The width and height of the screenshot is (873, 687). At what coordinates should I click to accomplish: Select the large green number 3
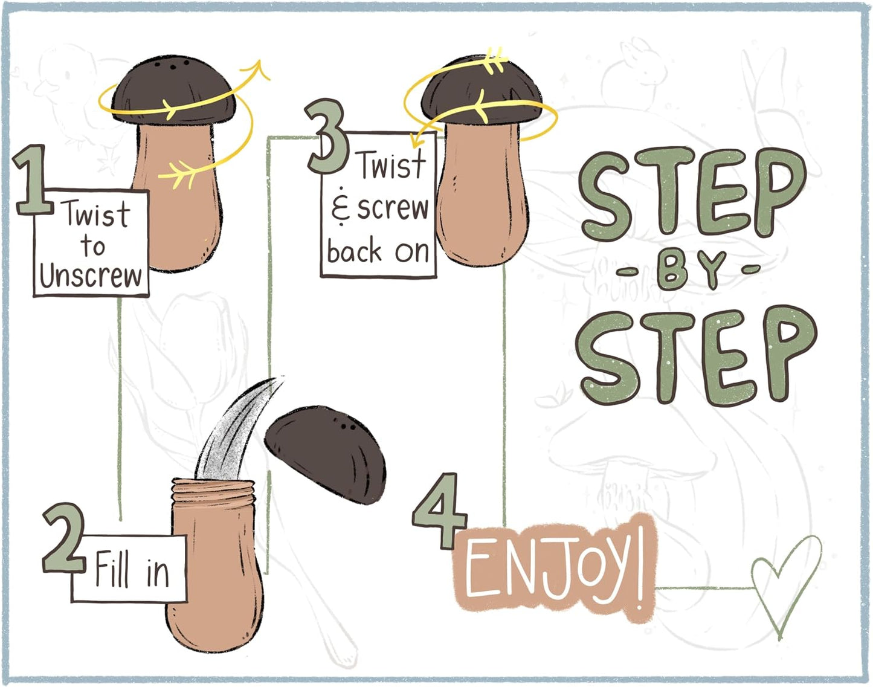point(327,137)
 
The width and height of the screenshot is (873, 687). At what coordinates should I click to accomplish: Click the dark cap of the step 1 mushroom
point(173,90)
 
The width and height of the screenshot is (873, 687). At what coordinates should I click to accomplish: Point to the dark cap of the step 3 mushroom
point(481,90)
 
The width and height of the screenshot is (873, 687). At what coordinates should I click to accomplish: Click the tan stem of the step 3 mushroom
point(483,191)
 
